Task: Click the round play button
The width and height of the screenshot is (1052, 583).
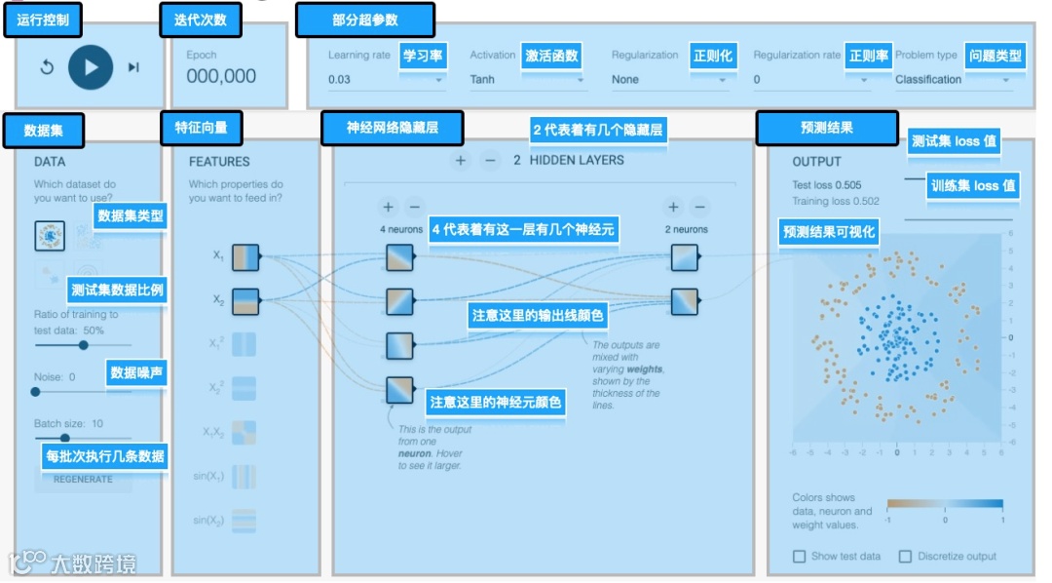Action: [91, 67]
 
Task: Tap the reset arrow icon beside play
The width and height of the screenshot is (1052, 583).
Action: [47, 67]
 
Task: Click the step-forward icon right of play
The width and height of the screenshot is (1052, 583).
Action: [133, 67]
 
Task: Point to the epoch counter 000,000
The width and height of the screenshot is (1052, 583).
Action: [221, 76]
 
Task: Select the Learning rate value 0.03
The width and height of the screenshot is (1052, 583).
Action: [340, 79]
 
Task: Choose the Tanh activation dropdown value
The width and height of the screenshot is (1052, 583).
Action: [483, 79]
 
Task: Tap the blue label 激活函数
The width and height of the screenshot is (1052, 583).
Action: [552, 56]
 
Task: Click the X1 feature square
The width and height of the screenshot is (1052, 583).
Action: [244, 257]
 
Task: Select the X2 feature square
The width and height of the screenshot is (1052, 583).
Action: [244, 300]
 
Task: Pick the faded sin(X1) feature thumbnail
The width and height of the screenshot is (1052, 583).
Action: [244, 477]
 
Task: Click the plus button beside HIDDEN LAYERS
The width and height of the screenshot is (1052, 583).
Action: [461, 160]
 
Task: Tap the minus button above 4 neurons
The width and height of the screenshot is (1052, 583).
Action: [415, 207]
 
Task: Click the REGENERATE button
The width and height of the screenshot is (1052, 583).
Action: [83, 479]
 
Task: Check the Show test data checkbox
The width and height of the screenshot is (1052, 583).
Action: [800, 556]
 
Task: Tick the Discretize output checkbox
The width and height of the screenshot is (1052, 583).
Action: [905, 556]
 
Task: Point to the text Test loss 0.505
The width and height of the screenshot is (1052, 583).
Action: [827, 184]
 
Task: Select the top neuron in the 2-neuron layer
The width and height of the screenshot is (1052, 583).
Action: [685, 257]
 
